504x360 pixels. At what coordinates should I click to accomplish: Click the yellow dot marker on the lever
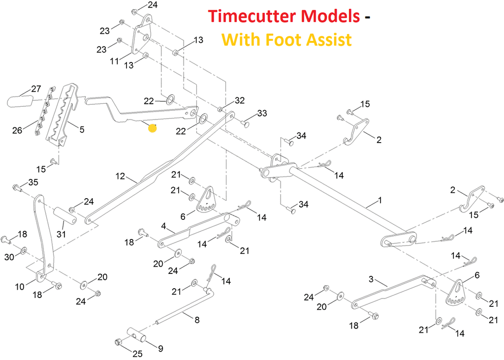[x=153, y=128]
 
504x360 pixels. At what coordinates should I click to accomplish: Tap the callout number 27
[x=36, y=89]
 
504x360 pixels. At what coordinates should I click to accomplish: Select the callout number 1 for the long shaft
[x=379, y=201]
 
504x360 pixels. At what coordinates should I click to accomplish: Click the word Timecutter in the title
[x=283, y=16]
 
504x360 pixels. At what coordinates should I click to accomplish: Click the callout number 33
[x=262, y=114]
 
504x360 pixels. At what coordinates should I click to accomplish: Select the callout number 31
[x=61, y=234]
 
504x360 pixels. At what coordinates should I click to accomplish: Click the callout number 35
[x=33, y=182]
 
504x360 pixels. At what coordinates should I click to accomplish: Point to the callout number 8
[x=197, y=320]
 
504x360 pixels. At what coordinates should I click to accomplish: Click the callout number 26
[x=18, y=130]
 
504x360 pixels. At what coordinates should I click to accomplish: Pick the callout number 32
[x=239, y=100]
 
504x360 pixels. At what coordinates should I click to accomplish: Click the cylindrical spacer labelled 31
[x=66, y=216]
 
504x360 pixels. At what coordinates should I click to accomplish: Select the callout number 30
[x=9, y=257]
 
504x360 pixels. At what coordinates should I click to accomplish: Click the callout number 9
[x=160, y=349]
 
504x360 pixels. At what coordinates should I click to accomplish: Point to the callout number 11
[x=114, y=60]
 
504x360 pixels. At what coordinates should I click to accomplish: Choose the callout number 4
[x=164, y=227]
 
